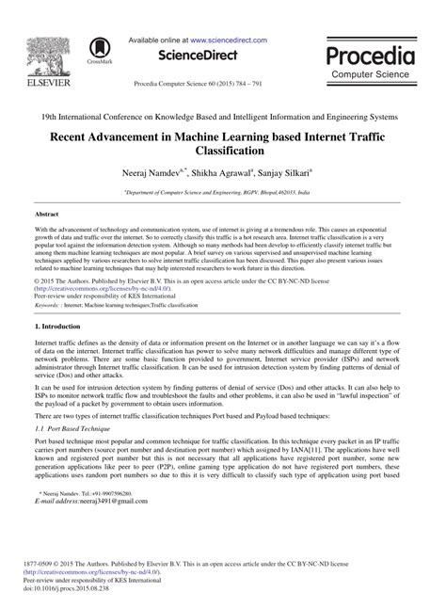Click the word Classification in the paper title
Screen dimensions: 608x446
tap(222, 150)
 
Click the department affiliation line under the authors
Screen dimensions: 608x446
tap(223, 190)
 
